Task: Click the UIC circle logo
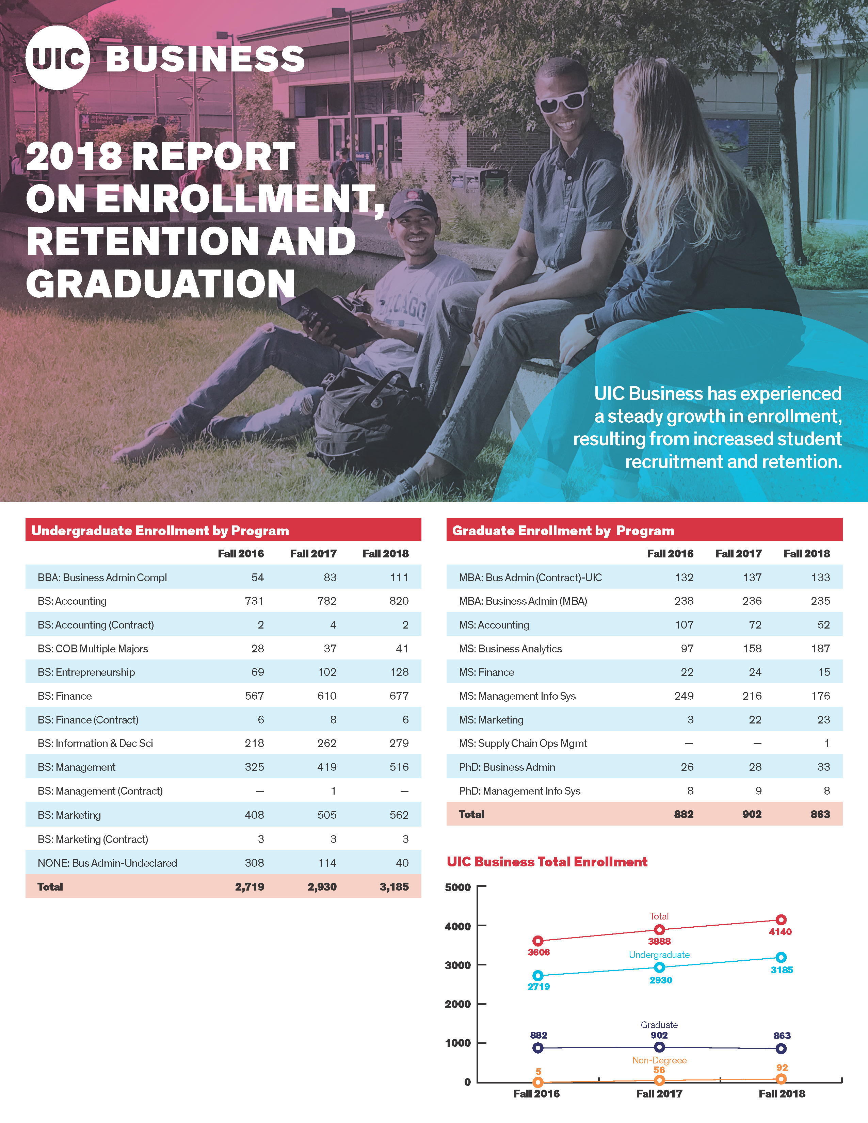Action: coord(58,58)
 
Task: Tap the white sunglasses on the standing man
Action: coord(562,100)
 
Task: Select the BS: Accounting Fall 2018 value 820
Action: coord(399,601)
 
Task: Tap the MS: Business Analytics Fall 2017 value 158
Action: coord(752,648)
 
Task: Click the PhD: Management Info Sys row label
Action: coord(519,791)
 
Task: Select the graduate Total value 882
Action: coord(684,814)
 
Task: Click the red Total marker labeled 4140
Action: coord(781,920)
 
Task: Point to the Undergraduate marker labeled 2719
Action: coord(538,975)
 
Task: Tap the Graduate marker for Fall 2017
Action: coord(659,1047)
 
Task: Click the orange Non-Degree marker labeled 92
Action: coord(781,1079)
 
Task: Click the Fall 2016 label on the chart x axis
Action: coord(536,1094)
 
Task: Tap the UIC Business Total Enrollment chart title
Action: coord(547,862)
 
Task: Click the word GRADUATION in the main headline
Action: coord(160,284)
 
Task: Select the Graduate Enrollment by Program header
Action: coord(563,531)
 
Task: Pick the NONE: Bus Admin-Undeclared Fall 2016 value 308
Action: coord(254,863)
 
